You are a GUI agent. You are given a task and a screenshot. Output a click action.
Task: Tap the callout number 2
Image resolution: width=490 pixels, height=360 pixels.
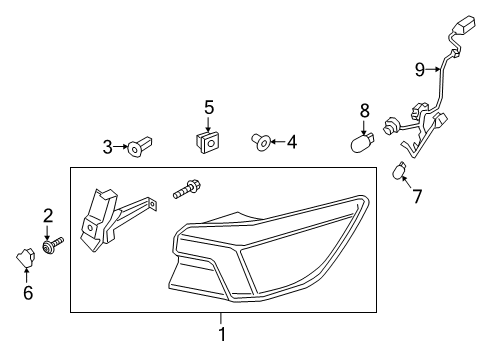tap(47, 214)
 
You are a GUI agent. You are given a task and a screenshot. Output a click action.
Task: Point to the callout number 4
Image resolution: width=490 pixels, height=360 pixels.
tap(292, 143)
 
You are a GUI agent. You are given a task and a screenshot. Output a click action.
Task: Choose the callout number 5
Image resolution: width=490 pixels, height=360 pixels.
tap(209, 106)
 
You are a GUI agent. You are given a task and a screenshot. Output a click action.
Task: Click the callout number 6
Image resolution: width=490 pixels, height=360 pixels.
tap(28, 292)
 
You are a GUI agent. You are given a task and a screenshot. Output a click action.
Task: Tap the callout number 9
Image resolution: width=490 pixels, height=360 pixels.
tap(420, 69)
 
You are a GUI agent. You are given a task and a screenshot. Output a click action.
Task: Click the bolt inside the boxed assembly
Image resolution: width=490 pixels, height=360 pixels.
tap(188, 188)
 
